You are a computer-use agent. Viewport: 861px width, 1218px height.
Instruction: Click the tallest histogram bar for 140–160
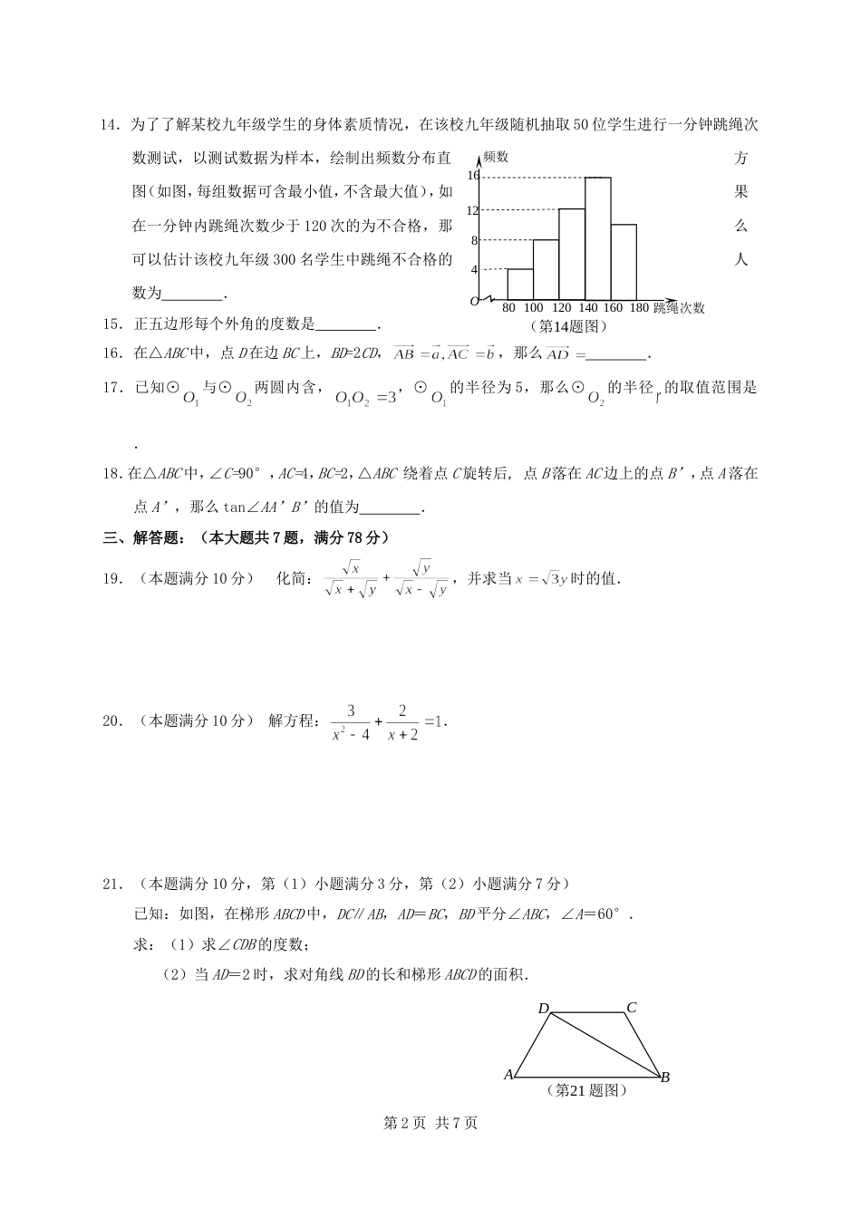(597, 238)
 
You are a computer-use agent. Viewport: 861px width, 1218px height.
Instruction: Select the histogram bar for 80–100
(519, 284)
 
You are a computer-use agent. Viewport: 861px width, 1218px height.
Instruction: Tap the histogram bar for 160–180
(623, 261)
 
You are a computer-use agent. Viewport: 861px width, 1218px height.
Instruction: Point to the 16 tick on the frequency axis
(472, 176)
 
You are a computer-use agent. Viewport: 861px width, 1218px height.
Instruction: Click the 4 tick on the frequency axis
(473, 269)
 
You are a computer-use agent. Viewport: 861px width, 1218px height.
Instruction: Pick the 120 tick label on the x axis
(562, 308)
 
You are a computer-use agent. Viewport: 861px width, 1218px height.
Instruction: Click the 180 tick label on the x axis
(638, 308)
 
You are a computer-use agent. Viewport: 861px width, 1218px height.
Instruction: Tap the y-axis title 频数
(496, 156)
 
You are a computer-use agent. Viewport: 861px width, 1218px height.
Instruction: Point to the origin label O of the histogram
(472, 301)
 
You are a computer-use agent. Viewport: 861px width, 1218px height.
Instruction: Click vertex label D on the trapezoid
(544, 1009)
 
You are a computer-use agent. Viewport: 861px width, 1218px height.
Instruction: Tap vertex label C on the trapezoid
(632, 1008)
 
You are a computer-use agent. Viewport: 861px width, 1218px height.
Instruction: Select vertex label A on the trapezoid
(508, 1075)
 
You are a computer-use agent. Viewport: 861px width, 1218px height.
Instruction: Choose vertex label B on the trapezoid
(665, 1077)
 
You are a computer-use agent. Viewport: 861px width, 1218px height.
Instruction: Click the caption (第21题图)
(586, 1090)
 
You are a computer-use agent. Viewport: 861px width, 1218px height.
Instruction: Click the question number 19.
(112, 579)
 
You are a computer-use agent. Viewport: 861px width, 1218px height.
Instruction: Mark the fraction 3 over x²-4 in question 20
(351, 722)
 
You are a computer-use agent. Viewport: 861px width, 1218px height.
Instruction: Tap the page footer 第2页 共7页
(430, 1123)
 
